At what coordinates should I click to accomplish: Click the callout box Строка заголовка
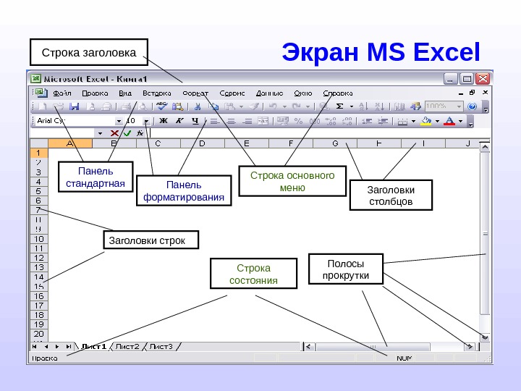coord(88,52)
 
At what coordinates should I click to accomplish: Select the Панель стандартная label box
coord(95,177)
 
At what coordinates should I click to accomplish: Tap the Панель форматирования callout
coord(185,190)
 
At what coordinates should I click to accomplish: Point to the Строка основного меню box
coord(292,181)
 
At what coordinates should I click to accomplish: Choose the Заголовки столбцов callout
coord(390,195)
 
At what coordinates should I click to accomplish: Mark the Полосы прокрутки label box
coord(344,269)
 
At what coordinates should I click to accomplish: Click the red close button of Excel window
coord(483,78)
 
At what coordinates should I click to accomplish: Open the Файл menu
coord(62,93)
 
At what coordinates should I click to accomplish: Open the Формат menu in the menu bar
coord(195,93)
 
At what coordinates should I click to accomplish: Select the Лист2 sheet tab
coord(128,346)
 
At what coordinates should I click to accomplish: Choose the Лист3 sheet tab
coord(161,346)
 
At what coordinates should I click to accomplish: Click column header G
coord(335,143)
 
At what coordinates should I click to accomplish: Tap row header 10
coord(38,239)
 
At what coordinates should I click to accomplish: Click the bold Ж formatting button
coord(163,120)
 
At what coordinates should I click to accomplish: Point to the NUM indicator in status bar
coord(404,358)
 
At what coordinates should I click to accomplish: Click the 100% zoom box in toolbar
coord(443,106)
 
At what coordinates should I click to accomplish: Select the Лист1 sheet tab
coord(94,346)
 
